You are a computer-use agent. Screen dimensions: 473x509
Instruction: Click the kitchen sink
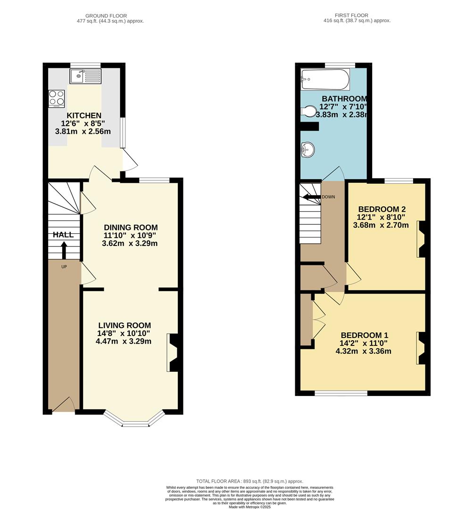(x=85, y=76)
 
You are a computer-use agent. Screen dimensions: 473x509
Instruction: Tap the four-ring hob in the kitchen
(x=57, y=99)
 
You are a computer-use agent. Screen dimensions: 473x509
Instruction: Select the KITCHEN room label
(x=84, y=115)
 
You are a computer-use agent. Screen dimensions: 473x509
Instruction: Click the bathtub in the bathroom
(x=325, y=80)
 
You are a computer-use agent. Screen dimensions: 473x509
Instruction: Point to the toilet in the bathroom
(x=308, y=111)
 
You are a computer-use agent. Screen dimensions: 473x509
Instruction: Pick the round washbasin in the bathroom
(x=308, y=150)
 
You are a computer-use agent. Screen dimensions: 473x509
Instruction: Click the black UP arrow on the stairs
(x=64, y=250)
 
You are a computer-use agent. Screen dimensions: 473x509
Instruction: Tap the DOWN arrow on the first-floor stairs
(x=311, y=197)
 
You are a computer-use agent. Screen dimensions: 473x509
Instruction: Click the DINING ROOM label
(x=131, y=228)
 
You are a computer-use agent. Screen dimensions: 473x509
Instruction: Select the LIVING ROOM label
(x=125, y=325)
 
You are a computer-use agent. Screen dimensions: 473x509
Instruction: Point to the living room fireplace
(x=173, y=353)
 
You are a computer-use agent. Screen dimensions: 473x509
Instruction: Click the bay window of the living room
(x=136, y=420)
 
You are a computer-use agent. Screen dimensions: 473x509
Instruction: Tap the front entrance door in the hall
(x=63, y=405)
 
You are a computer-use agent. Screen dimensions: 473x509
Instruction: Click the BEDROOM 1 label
(x=365, y=336)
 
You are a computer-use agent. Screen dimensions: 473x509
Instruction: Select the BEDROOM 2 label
(x=382, y=209)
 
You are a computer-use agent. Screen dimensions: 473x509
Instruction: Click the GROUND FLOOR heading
(x=106, y=16)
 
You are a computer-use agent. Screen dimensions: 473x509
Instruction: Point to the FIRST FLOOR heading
(x=351, y=15)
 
